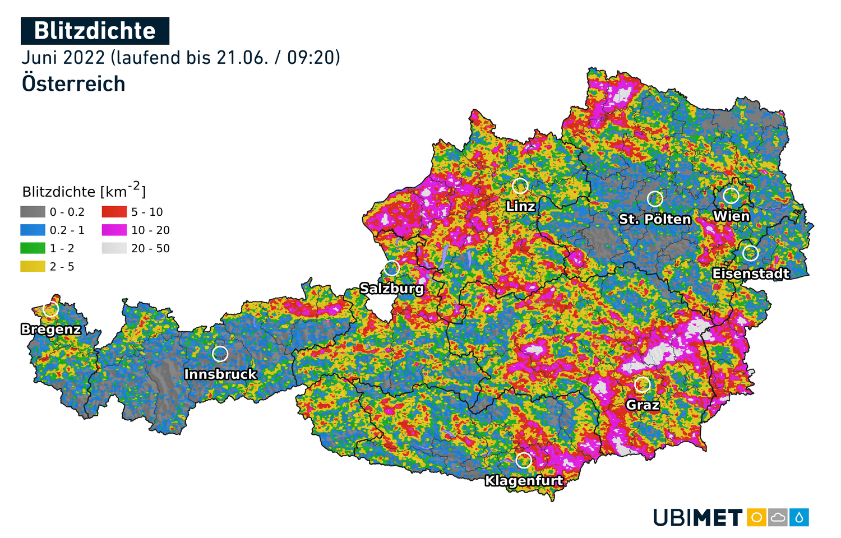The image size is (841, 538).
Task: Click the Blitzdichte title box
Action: (95, 31)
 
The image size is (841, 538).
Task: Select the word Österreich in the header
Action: (73, 84)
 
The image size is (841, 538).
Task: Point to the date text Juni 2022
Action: (63, 58)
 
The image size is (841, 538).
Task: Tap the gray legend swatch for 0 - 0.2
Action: (33, 212)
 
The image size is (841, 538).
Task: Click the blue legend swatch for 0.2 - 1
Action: (33, 230)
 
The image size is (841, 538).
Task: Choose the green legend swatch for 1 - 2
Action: (33, 248)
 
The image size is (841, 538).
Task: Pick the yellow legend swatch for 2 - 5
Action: (33, 266)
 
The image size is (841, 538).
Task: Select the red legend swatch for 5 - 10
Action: (114, 212)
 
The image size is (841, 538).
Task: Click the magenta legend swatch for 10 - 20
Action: (114, 230)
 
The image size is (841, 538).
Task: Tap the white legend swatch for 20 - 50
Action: (114, 248)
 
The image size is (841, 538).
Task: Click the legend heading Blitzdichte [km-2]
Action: (84, 191)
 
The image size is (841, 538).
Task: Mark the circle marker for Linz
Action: (520, 185)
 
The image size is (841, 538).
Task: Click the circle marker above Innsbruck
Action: (220, 354)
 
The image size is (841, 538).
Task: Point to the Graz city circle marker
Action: (643, 384)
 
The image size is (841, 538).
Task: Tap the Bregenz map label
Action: (51, 329)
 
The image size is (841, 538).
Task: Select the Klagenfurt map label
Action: (524, 480)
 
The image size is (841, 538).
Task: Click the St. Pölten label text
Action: (655, 219)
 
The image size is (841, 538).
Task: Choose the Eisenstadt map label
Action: (751, 273)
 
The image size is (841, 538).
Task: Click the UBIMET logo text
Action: (698, 517)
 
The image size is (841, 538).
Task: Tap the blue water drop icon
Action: (799, 517)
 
